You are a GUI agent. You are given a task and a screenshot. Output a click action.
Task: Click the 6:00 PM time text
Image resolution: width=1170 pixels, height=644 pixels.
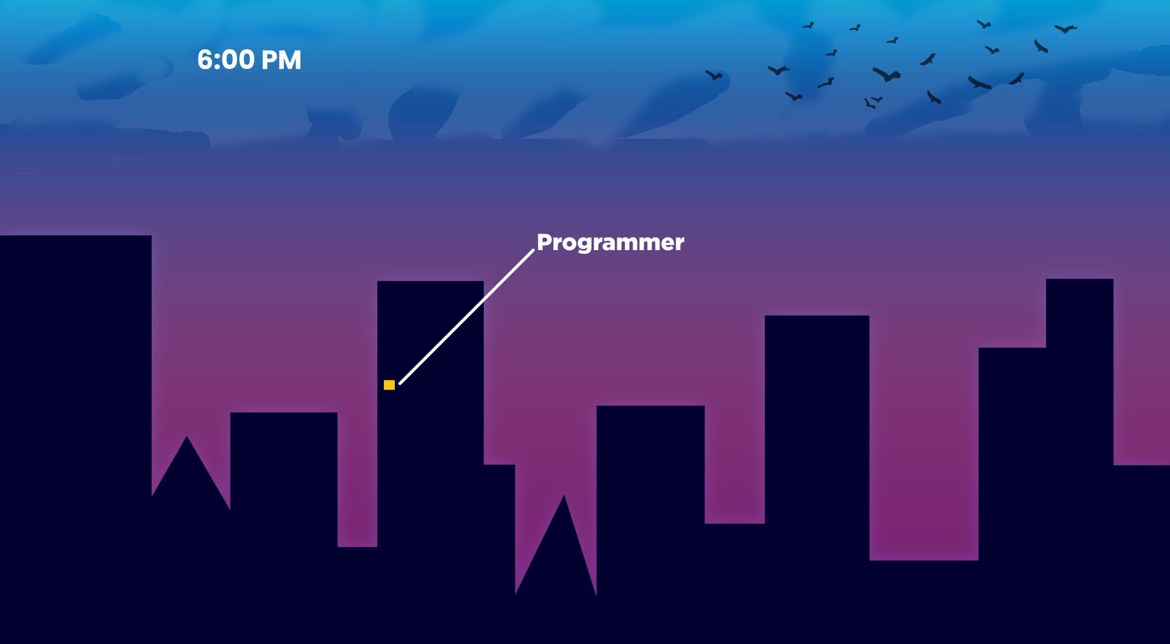pos(249,60)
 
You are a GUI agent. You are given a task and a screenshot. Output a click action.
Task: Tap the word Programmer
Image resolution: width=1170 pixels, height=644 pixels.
pos(610,242)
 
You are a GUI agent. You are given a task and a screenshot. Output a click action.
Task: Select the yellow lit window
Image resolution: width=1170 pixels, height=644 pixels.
pos(389,385)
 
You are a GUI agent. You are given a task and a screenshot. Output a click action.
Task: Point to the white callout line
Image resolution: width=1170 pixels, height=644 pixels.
pos(467,317)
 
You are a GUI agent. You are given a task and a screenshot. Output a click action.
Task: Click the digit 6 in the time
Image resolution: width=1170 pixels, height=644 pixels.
pos(205,60)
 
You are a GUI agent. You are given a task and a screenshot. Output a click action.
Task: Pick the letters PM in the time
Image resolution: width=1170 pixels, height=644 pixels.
pos(281,60)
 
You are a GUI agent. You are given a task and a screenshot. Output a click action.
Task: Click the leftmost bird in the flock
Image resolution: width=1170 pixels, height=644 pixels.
pos(714,76)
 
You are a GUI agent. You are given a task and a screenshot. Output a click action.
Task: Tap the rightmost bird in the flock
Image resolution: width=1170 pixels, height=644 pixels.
pos(1065,29)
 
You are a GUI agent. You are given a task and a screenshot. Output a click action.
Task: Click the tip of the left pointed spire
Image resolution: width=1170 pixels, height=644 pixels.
pos(187,437)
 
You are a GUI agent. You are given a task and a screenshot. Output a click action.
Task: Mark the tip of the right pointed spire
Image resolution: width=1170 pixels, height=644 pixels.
pos(564,496)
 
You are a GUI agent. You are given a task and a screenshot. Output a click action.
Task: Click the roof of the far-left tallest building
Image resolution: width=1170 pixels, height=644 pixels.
pos(76,237)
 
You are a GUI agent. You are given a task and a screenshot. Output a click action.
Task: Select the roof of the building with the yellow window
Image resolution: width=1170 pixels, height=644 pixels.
pos(430,282)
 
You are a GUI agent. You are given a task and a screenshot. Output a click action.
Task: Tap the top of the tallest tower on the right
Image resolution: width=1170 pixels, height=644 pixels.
pos(1079,281)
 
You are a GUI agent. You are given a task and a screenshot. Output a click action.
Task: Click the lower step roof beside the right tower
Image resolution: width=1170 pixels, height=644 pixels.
pos(1012,349)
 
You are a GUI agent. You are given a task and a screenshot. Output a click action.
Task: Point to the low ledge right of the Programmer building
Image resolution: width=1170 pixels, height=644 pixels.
pos(500,467)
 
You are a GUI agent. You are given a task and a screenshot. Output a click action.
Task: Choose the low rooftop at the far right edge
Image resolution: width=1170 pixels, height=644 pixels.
pos(1141,467)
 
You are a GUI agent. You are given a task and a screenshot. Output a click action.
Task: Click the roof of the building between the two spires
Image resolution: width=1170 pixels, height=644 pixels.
pos(284,414)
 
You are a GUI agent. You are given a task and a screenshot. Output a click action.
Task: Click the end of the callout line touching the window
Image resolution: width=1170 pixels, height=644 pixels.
pos(400,383)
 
